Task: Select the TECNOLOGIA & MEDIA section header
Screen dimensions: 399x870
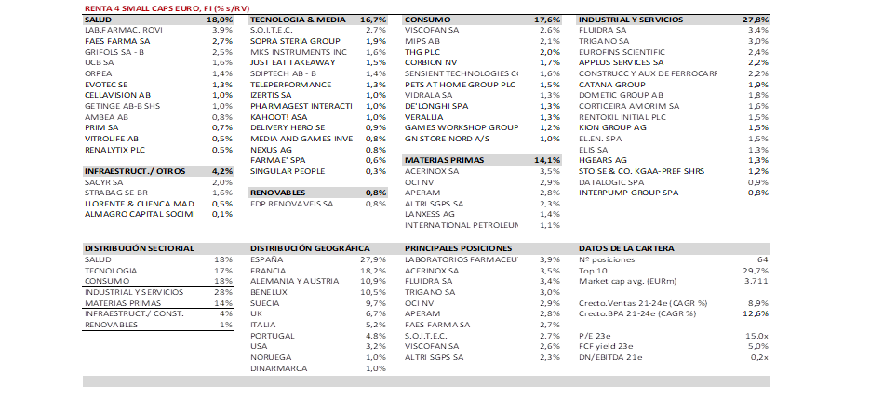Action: tap(291, 19)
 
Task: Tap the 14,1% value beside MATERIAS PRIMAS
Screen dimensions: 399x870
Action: tap(548, 159)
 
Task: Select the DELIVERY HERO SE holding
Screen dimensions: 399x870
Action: tap(288, 126)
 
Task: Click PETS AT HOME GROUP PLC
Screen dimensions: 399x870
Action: tap(460, 85)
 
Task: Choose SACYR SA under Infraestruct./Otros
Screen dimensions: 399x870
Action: tap(103, 182)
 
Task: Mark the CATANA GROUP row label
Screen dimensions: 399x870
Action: tap(611, 85)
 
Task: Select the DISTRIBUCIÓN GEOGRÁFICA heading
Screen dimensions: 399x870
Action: tap(304, 248)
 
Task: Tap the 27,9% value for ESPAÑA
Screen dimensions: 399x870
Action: tap(372, 259)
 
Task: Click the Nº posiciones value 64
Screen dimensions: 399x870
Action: tap(762, 259)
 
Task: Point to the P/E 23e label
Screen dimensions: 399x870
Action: tap(596, 335)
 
